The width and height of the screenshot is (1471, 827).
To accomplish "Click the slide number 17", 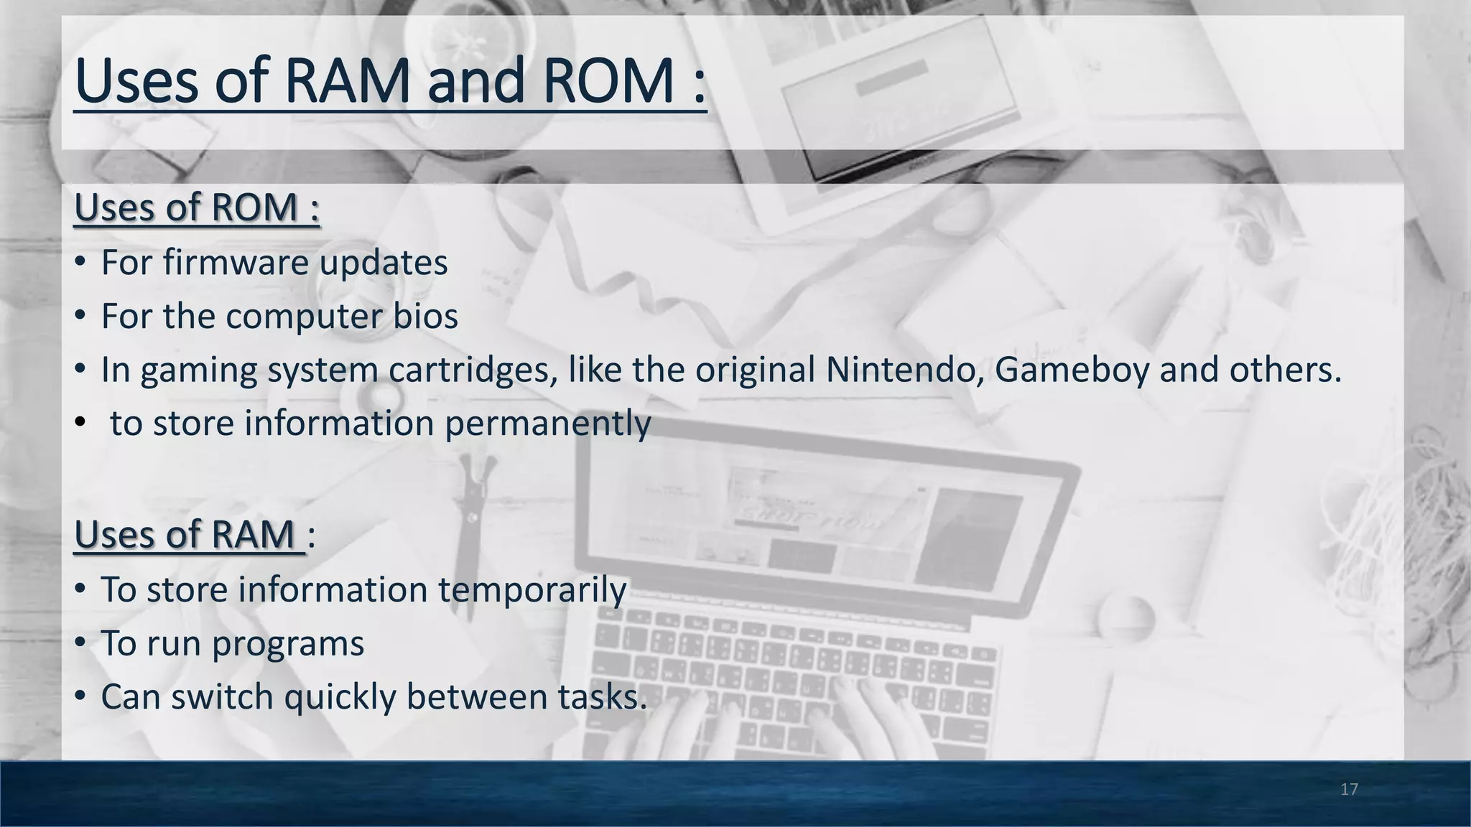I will tap(1349, 790).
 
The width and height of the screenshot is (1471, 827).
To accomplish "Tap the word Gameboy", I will tap(1072, 370).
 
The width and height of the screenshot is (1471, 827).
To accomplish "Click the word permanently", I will tap(547, 424).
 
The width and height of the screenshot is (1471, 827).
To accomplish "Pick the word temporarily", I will tap(532, 589).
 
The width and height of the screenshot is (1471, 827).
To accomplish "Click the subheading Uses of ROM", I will tap(196, 207).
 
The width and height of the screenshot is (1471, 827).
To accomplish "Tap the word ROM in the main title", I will tap(608, 80).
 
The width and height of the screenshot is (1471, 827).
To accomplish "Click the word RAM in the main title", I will tap(348, 80).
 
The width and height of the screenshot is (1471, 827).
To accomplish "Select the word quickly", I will tap(340, 697).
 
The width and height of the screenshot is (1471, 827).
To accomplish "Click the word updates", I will tap(383, 263).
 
